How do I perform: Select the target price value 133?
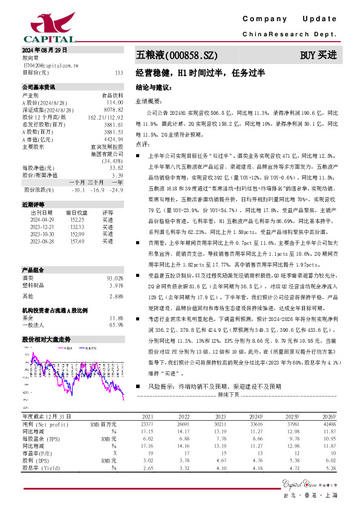pos(119,73)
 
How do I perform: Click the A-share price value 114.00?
pos(115,102)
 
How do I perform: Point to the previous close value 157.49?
pos(76,241)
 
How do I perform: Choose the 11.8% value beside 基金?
pos(116,317)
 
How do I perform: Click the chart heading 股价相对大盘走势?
pos(47,339)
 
